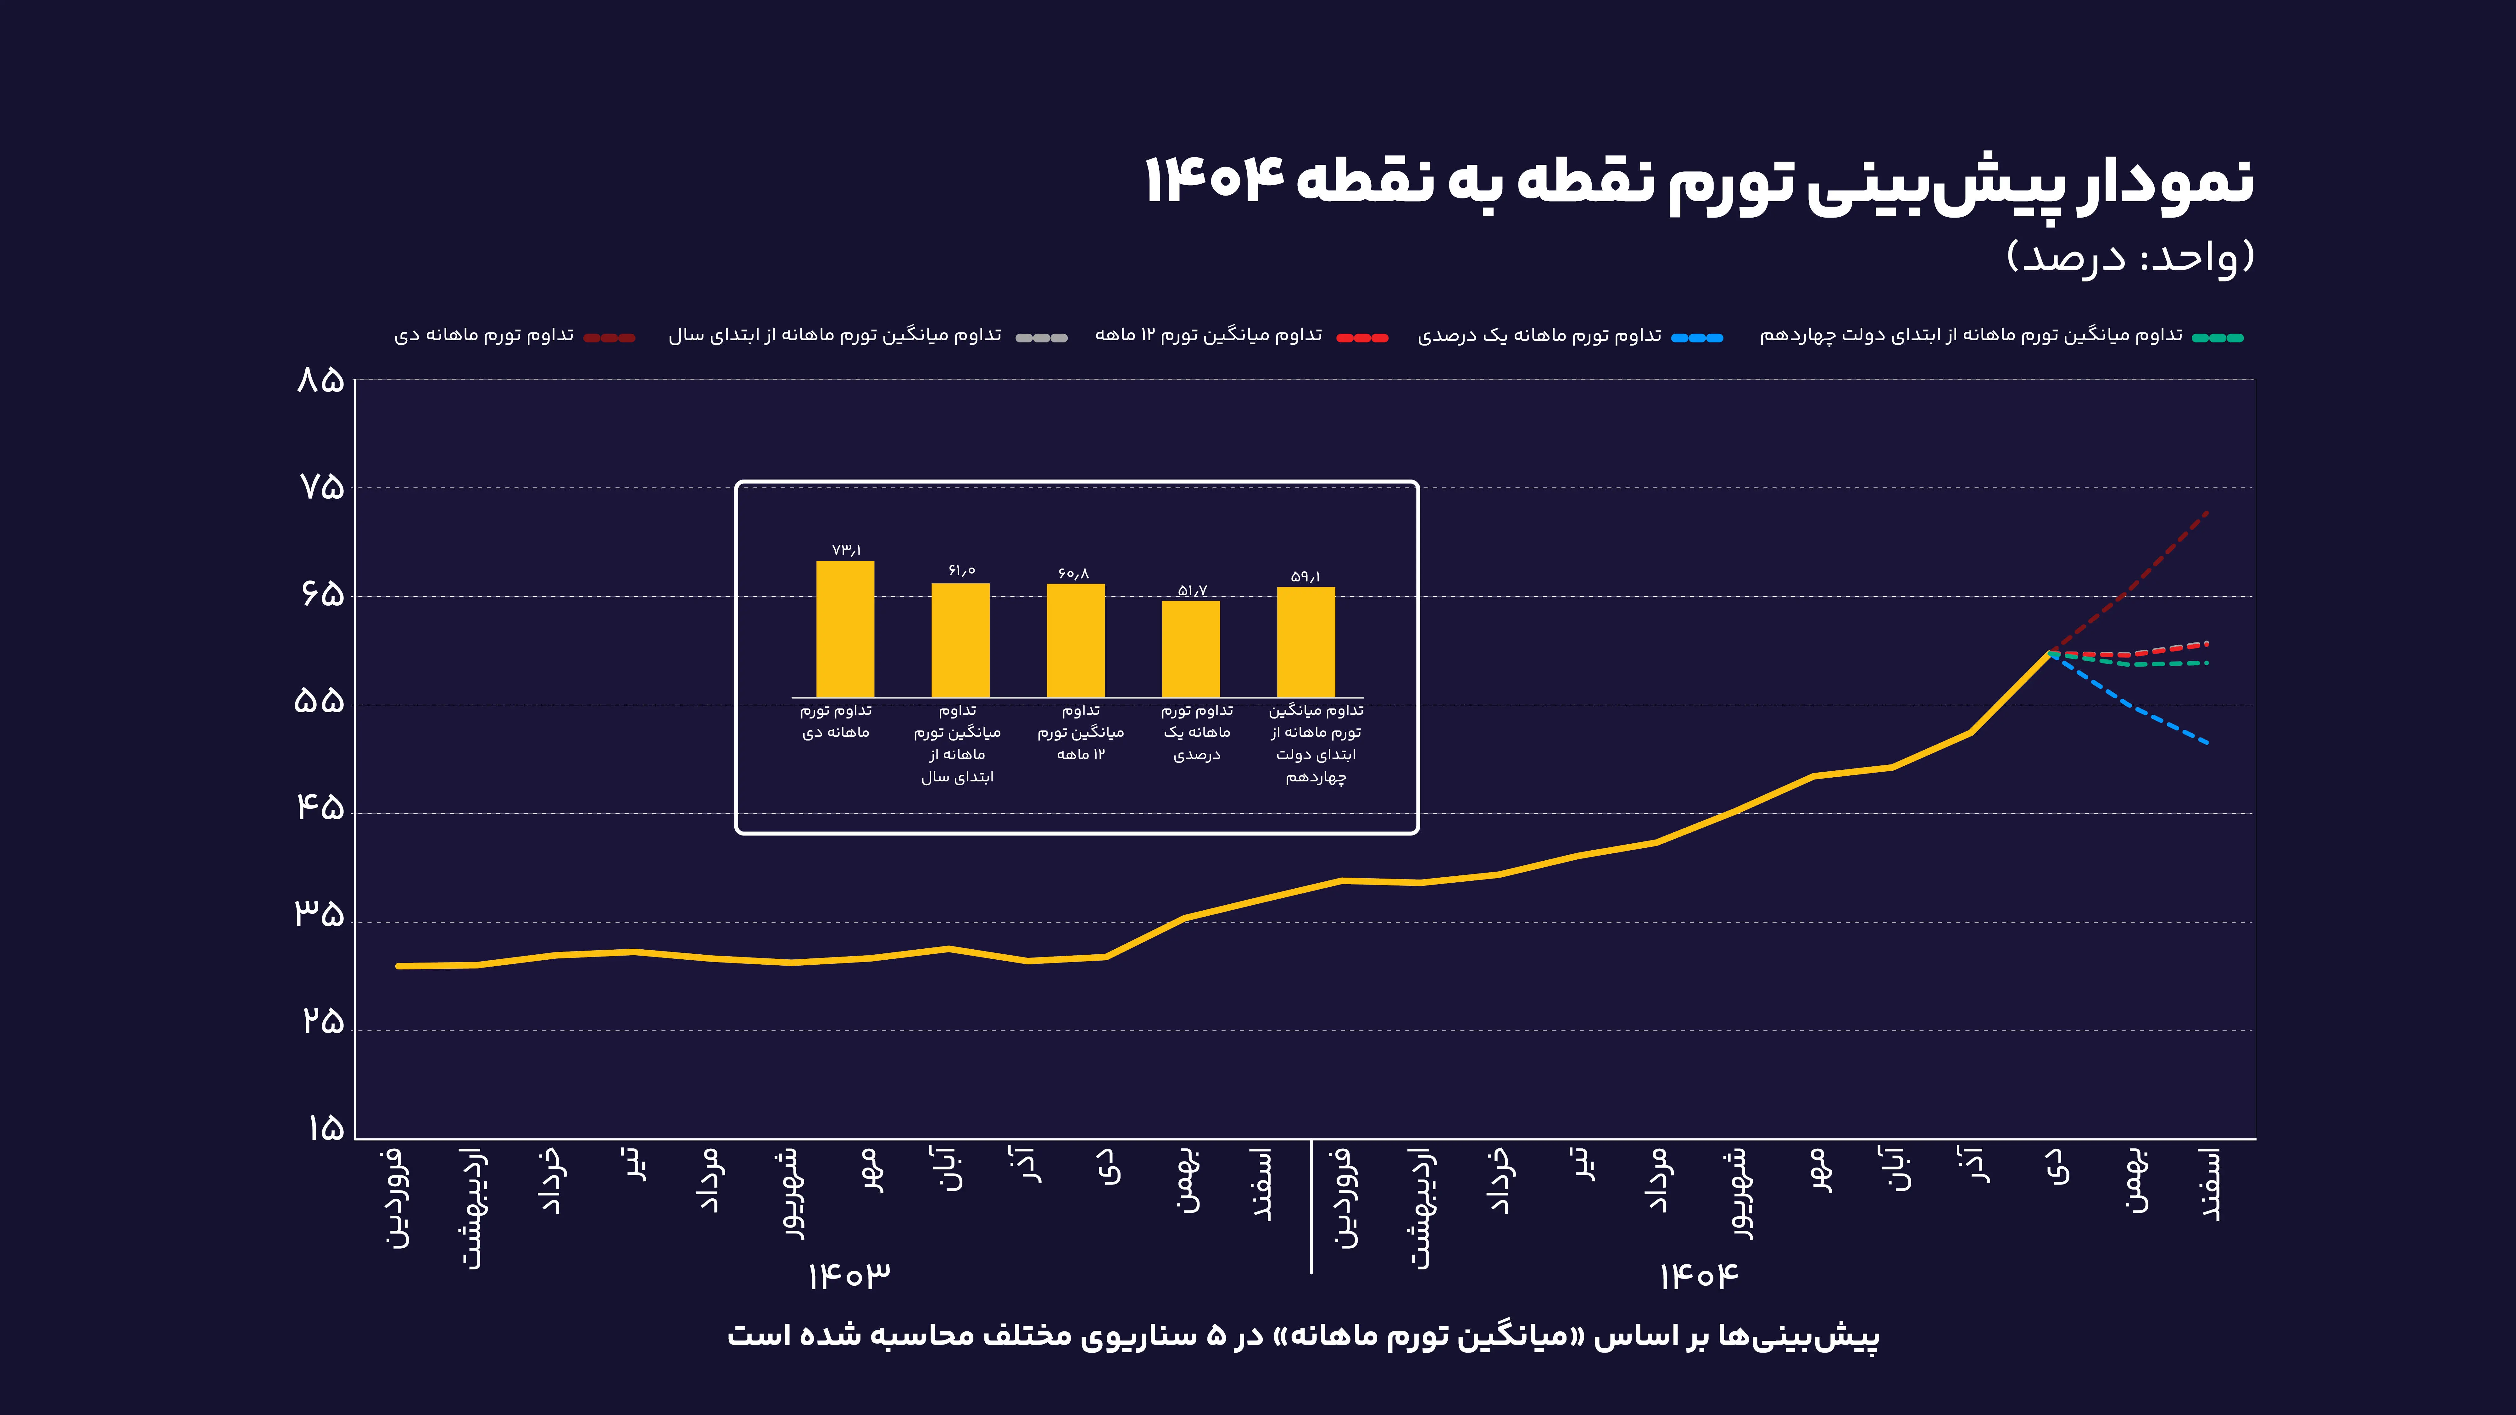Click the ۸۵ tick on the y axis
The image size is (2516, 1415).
pyautogui.click(x=320, y=380)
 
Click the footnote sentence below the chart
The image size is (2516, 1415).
pyautogui.click(x=1303, y=1335)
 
